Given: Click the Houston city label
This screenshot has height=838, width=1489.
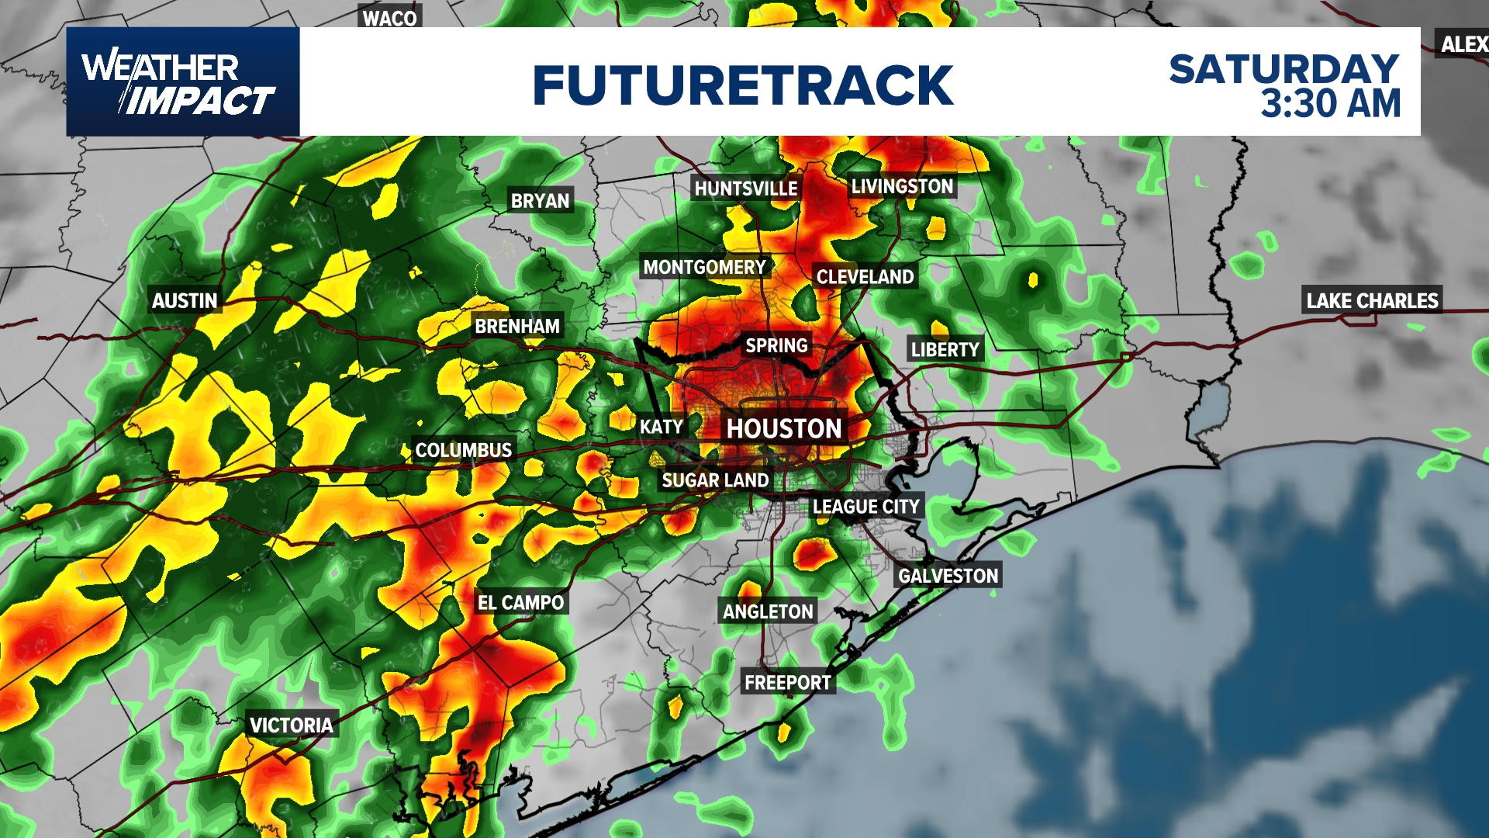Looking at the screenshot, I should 783,428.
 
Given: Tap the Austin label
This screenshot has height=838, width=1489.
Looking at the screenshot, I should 185,301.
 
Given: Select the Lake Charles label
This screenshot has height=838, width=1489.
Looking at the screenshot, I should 1372,301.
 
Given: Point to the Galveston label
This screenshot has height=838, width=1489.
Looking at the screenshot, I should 948,576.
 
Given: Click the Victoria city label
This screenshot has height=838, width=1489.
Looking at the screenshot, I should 291,725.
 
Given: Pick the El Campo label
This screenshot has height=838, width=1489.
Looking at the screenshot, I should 520,603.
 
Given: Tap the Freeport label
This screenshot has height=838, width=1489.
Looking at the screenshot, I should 787,683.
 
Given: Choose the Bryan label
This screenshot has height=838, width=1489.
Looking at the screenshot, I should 540,201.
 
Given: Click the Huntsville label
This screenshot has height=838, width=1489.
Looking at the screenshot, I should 745,189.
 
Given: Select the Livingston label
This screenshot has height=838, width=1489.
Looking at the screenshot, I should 902,186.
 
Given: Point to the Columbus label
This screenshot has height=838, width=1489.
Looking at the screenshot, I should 463,450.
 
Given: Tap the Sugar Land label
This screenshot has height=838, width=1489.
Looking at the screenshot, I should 715,480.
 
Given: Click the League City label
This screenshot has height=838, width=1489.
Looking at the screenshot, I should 865,507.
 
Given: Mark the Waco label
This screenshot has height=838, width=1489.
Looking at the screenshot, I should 389,18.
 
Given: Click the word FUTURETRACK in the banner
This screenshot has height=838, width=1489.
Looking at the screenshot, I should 742,85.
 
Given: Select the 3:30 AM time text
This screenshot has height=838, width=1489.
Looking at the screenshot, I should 1330,104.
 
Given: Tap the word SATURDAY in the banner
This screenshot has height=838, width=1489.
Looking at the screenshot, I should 1283,69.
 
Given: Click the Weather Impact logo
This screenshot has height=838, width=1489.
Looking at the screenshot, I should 182,82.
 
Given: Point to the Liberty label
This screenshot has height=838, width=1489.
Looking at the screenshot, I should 945,350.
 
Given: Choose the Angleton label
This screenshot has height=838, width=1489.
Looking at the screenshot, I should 768,612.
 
